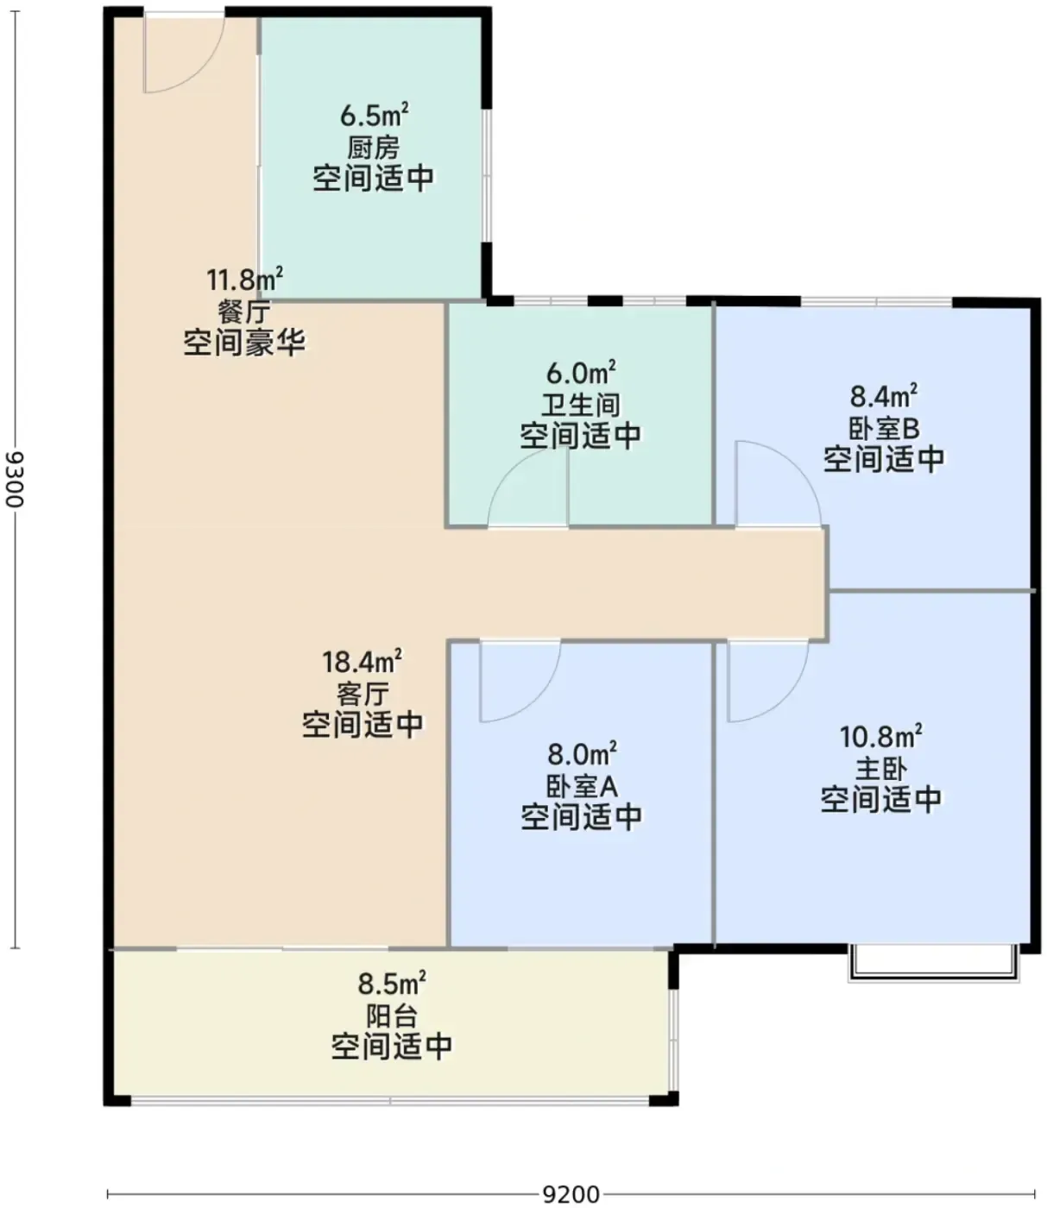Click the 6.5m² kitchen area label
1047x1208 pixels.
click(374, 115)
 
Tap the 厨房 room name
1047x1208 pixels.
click(374, 148)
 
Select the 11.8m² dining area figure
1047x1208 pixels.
click(245, 280)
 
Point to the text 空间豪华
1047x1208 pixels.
click(245, 343)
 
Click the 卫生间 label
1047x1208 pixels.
click(580, 405)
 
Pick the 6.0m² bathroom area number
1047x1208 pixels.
click(581, 372)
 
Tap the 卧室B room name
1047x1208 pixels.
click(884, 429)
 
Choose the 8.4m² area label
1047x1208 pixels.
click(883, 396)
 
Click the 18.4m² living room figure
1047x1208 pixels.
click(362, 662)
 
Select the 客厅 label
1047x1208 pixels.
click(363, 695)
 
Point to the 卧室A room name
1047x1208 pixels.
click(582, 787)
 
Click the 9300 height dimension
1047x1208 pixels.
click(15, 479)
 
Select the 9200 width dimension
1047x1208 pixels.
click(571, 1194)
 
